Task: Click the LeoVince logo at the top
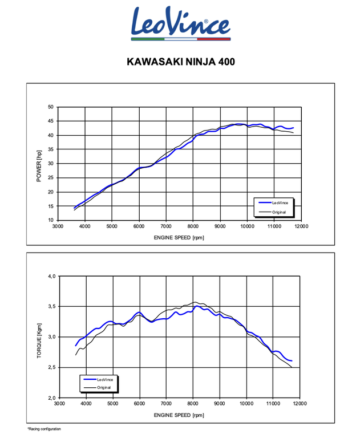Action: pyautogui.click(x=180, y=23)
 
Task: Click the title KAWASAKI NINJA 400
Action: pyautogui.click(x=180, y=60)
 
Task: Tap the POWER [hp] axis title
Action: pyautogui.click(x=39, y=163)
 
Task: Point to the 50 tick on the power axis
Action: pyautogui.click(x=50, y=107)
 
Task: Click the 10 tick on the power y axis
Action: pyautogui.click(x=50, y=220)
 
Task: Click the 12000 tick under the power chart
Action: pyautogui.click(x=301, y=226)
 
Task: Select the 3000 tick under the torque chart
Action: pyautogui.click(x=59, y=404)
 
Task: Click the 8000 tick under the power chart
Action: pyautogui.click(x=193, y=226)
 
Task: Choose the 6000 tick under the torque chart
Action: pyautogui.click(x=139, y=404)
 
